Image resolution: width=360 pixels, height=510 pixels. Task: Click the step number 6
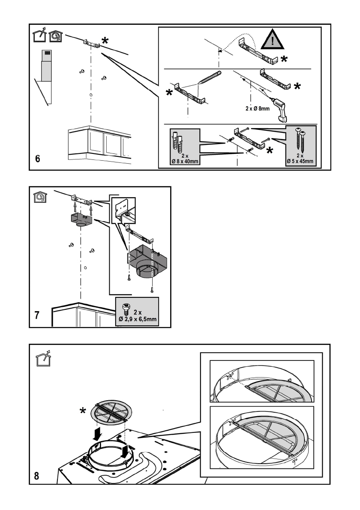point(38,159)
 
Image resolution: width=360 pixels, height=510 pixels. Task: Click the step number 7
point(38,317)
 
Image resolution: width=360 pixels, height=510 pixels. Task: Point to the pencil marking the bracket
point(209,80)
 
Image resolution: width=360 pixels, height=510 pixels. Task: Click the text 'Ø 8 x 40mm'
point(184,161)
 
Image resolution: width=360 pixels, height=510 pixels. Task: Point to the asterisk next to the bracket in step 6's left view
point(104,41)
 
